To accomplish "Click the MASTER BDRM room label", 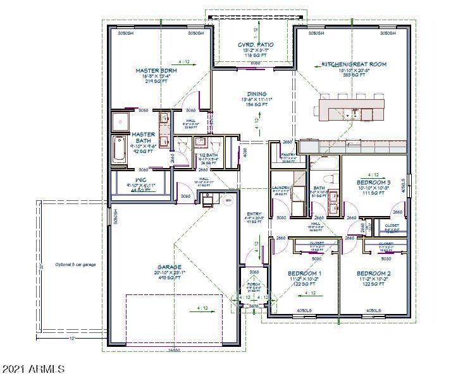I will (x=156, y=71).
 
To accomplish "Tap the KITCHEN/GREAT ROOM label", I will (x=354, y=64).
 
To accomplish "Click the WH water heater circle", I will (x=228, y=200).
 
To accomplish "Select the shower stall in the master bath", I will (x=120, y=121).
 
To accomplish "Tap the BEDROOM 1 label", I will (x=304, y=273).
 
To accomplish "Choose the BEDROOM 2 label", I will (x=373, y=273).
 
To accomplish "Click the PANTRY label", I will (x=288, y=154).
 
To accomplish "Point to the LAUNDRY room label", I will (x=280, y=188).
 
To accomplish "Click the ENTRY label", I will (x=254, y=214).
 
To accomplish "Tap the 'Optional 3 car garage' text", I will (x=75, y=264).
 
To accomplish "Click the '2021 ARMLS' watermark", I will (x=34, y=368).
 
